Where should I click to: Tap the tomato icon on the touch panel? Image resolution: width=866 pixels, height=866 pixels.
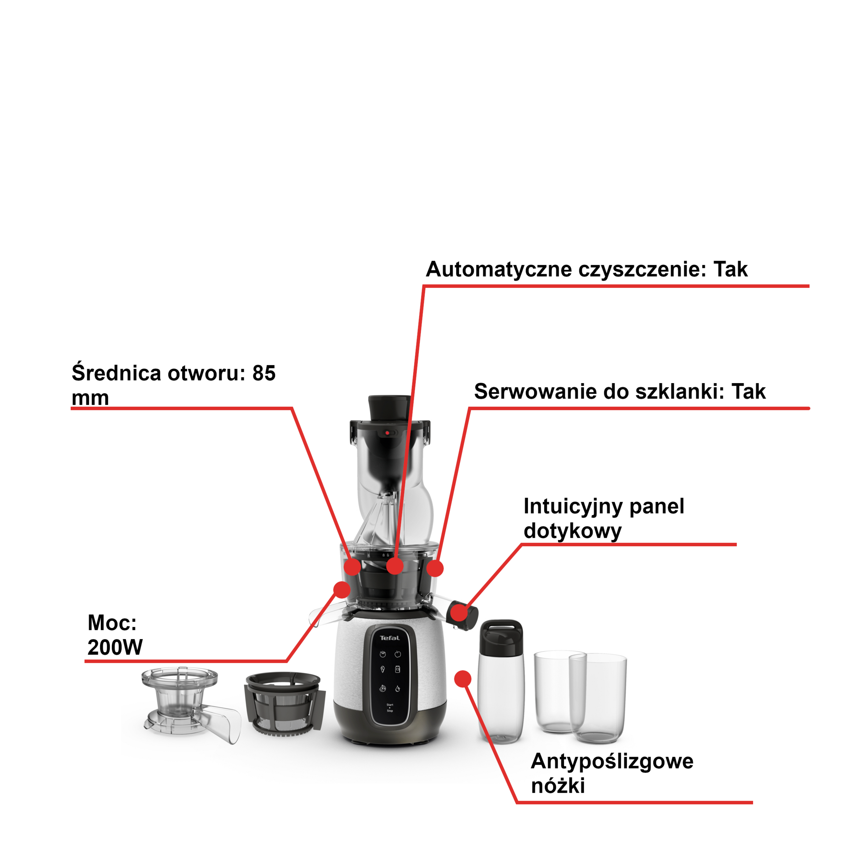pyautogui.click(x=382, y=654)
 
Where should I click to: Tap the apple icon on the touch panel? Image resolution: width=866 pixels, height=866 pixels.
pyautogui.click(x=397, y=654)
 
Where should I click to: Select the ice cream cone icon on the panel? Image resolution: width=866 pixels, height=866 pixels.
pyautogui.click(x=382, y=670)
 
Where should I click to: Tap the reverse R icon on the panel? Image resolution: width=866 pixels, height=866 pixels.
pyautogui.click(x=382, y=689)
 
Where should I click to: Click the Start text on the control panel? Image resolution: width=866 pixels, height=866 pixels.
pyautogui.click(x=389, y=705)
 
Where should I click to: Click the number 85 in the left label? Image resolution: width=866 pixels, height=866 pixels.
pyautogui.click(x=264, y=373)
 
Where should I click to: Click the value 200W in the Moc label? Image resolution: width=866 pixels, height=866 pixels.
pyautogui.click(x=115, y=647)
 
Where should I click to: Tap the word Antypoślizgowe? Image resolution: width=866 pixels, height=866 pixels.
pyautogui.click(x=612, y=761)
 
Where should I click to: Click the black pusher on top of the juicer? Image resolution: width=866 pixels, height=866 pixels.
pyautogui.click(x=389, y=407)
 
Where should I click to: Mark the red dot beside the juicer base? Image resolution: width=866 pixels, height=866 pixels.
pyautogui.click(x=463, y=679)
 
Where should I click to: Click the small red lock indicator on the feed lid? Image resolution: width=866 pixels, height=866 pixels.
pyautogui.click(x=387, y=433)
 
